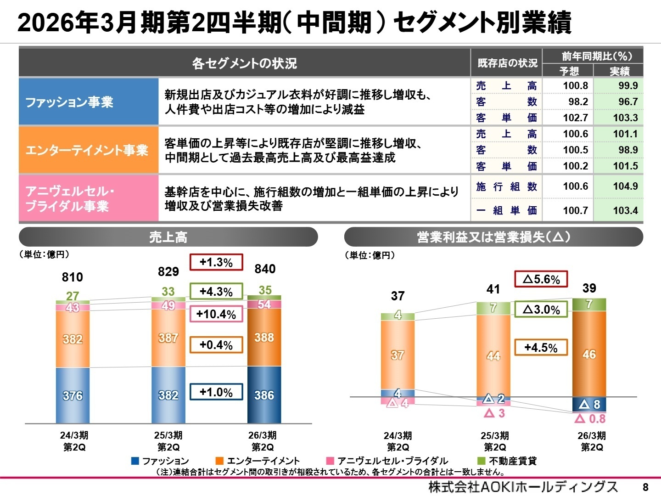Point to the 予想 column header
[x=569, y=71]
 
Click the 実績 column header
[x=619, y=71]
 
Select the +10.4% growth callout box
[x=216, y=314]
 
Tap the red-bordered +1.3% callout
[x=216, y=262]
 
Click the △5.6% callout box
[x=541, y=279]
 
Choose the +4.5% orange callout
[x=541, y=348]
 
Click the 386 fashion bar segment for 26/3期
[x=264, y=395]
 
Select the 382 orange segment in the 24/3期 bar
[x=73, y=339]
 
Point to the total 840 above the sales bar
[x=265, y=269]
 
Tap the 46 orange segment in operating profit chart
[x=589, y=354]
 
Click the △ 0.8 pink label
[x=590, y=419]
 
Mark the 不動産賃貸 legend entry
[x=507, y=461]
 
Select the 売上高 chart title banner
[x=168, y=237]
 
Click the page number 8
[x=645, y=487]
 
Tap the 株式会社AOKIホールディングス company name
[x=523, y=487]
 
